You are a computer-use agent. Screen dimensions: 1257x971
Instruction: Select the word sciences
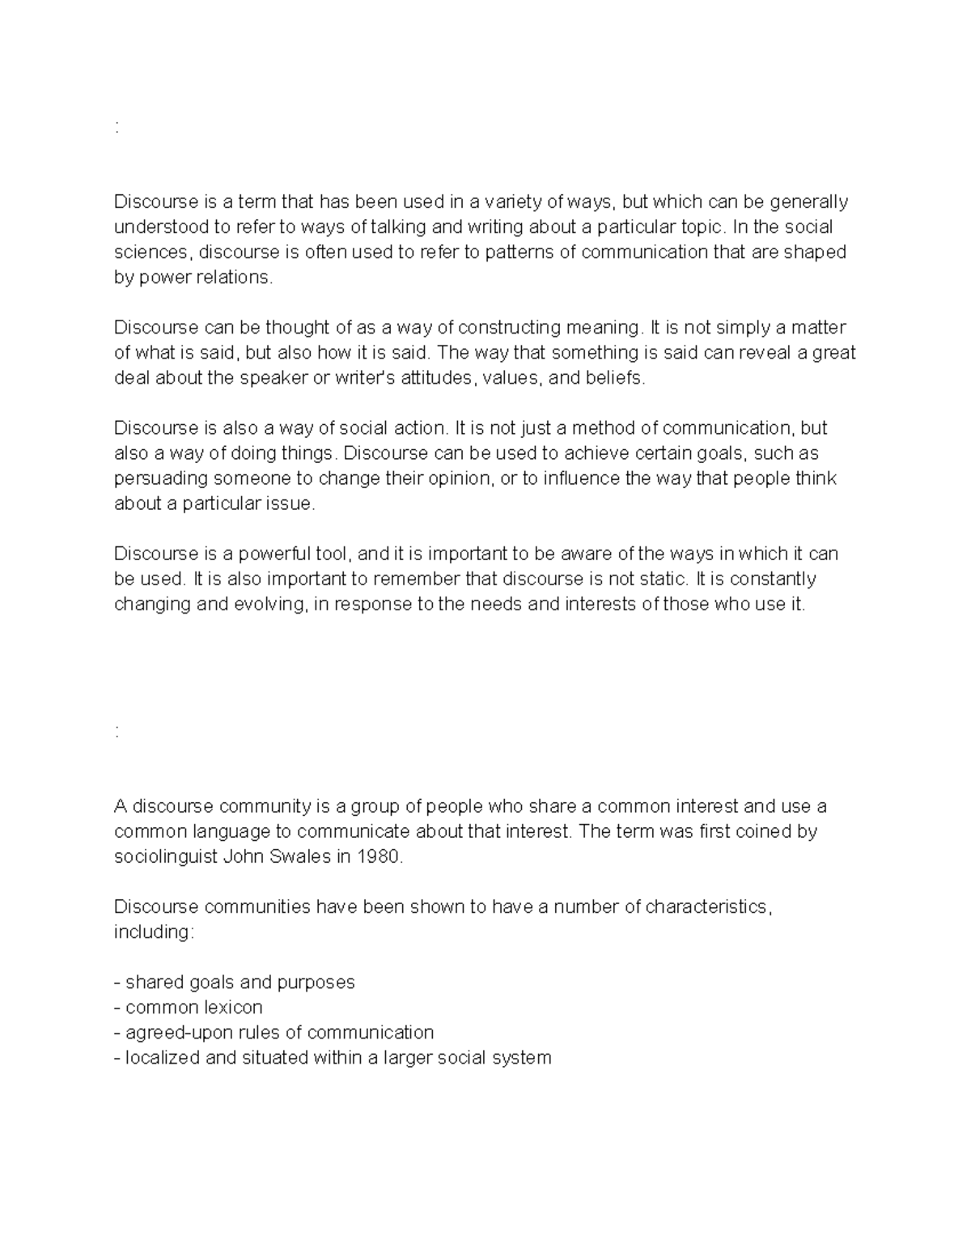151,252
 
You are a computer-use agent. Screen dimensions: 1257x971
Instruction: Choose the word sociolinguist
166,856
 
